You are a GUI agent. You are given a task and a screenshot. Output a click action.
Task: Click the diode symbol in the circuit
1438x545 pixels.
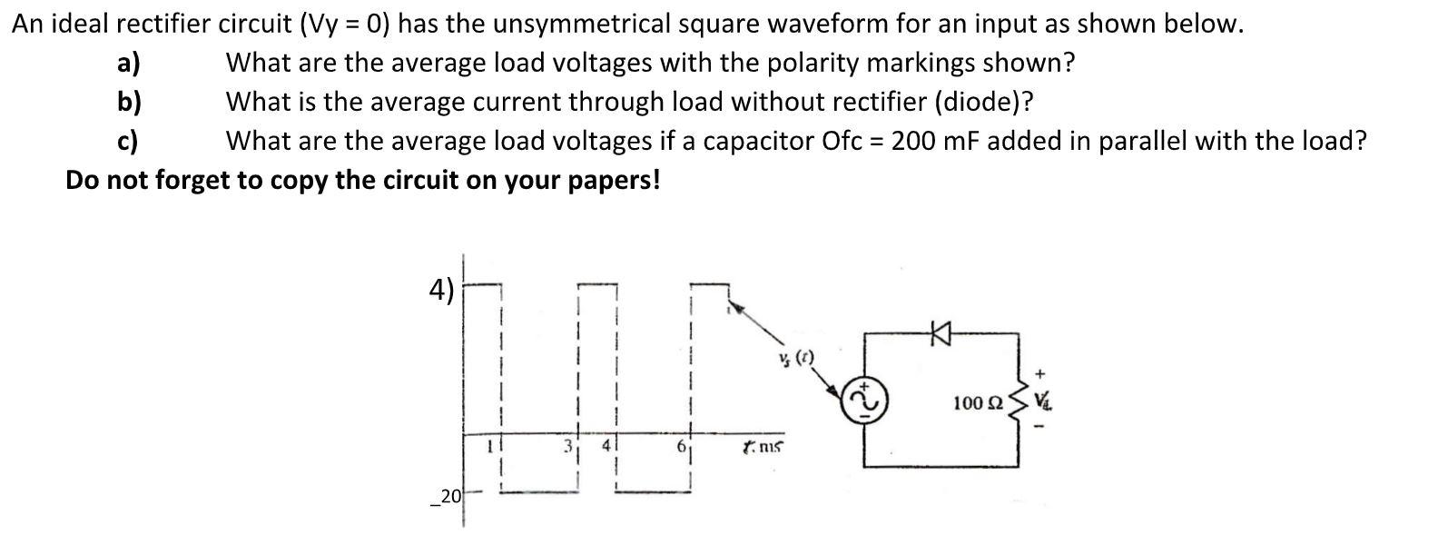(940, 336)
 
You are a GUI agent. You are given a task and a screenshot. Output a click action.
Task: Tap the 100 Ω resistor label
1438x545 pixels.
(978, 402)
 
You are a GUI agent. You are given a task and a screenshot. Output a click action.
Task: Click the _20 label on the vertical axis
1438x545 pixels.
(446, 496)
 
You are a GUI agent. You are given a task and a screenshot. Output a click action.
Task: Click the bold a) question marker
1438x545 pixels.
(129, 63)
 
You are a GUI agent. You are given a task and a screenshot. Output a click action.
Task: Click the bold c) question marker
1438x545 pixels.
(128, 141)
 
